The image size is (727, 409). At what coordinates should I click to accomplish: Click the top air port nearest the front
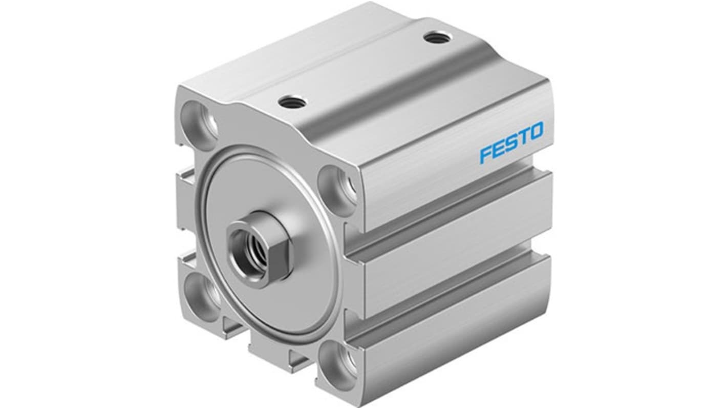(x=292, y=103)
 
